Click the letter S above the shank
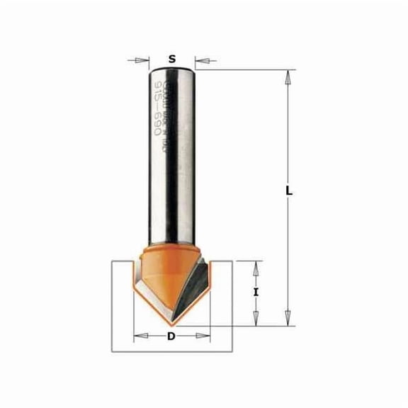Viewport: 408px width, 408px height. (173, 59)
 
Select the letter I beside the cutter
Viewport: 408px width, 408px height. (256, 291)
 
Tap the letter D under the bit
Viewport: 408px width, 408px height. (171, 336)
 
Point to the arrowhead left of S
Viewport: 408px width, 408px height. (147, 60)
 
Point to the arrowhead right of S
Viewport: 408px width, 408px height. (199, 60)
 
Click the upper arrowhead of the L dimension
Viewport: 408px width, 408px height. (289, 74)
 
